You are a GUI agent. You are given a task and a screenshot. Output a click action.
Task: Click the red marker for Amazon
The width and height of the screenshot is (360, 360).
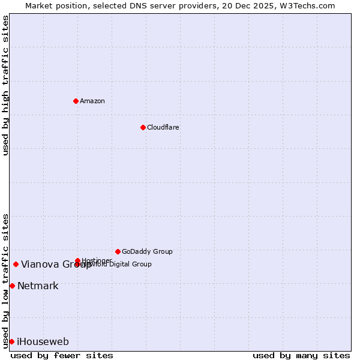pos(76,101)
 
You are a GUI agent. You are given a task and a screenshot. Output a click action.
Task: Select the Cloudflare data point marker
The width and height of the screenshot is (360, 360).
pos(143,127)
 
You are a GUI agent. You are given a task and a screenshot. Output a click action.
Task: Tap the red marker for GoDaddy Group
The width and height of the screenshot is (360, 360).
pos(118,251)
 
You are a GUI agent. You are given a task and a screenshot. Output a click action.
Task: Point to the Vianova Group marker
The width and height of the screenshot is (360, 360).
pos(16,264)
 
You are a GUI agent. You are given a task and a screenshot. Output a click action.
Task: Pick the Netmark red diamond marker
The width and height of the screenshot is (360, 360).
pos(12,286)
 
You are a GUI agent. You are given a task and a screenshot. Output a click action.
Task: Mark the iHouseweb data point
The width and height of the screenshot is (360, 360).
pos(11,341)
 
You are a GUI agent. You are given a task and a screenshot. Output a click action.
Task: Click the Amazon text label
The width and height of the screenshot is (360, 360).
pos(92,101)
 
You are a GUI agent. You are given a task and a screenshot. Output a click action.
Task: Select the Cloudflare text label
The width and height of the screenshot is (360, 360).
pos(163,127)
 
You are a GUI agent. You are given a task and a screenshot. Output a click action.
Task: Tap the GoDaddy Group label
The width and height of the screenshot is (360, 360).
pos(147,251)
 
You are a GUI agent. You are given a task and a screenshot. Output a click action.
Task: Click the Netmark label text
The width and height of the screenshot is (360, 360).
pos(38,286)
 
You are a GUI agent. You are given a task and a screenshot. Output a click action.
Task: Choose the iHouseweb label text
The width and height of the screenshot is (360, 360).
pos(43,342)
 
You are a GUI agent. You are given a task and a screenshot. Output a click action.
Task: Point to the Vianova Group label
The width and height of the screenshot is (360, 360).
pos(56,265)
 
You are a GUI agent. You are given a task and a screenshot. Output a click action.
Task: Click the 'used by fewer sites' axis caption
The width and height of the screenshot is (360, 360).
pos(62,355)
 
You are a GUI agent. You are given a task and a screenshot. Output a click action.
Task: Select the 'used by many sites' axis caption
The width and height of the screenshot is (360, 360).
pos(301,355)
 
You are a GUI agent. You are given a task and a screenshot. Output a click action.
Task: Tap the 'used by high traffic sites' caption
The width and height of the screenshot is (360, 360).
pos(5,85)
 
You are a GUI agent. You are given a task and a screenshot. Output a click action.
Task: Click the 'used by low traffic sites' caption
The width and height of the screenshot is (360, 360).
pos(5,281)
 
